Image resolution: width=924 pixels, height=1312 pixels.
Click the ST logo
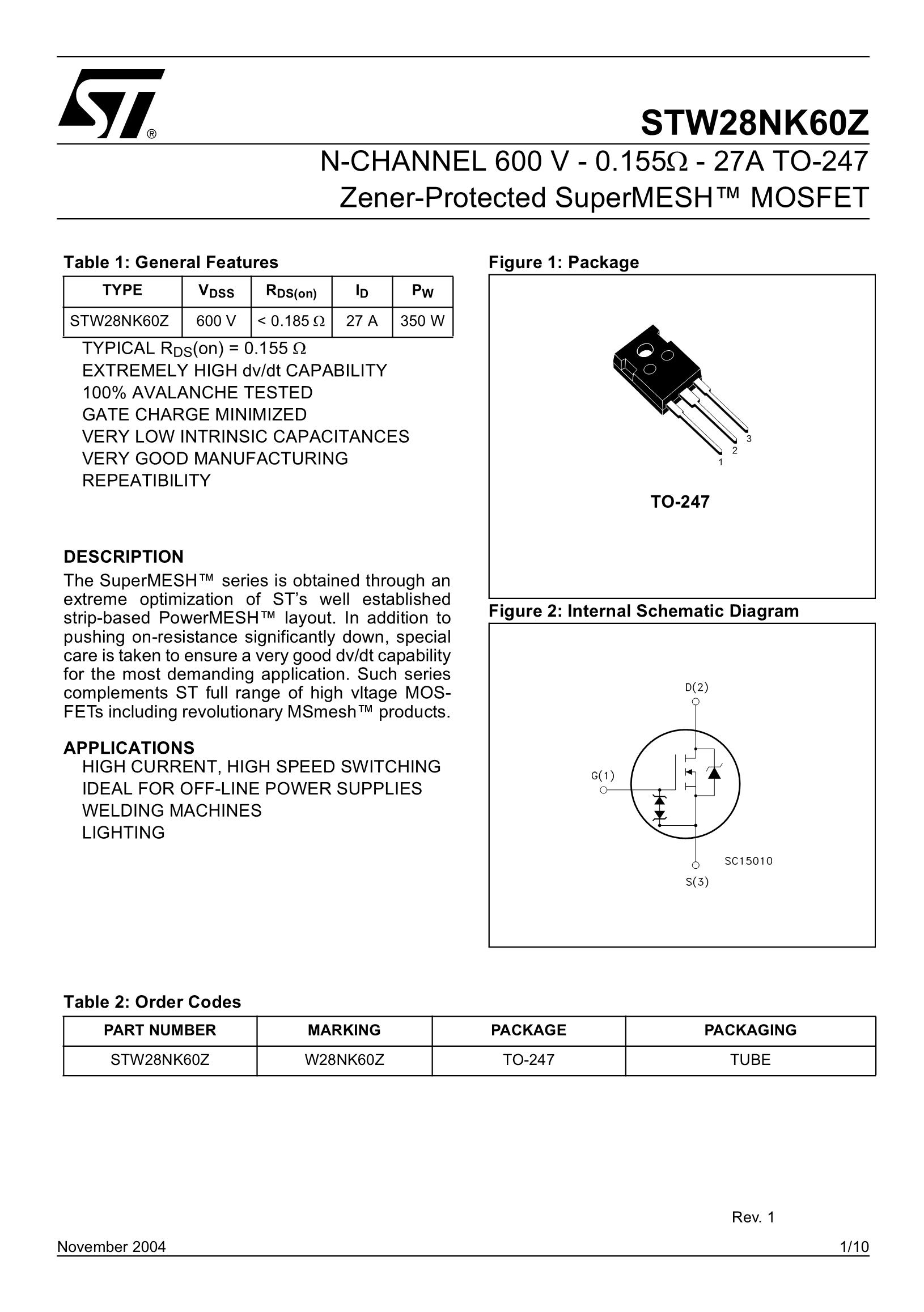[112, 104]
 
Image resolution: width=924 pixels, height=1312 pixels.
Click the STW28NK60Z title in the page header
[755, 123]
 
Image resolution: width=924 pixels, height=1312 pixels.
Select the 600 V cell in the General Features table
[216, 321]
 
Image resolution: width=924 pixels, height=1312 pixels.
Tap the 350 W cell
[422, 321]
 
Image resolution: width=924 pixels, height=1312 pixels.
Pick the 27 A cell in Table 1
[362, 321]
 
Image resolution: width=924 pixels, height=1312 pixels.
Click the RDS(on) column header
[291, 291]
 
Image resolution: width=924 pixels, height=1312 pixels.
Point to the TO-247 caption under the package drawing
[680, 502]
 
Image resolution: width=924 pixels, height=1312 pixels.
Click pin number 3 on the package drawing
[749, 439]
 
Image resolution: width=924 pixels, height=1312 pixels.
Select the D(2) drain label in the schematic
[697, 687]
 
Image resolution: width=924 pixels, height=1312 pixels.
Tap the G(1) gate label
[603, 775]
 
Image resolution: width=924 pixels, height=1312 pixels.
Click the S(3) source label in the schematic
[697, 882]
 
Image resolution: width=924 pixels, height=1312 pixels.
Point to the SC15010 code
[749, 861]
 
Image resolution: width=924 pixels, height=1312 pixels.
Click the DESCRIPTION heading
[124, 557]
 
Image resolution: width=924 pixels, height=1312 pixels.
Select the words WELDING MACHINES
[172, 810]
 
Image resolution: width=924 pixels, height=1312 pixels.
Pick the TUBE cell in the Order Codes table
[751, 1060]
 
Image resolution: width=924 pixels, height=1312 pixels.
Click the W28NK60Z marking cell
[345, 1060]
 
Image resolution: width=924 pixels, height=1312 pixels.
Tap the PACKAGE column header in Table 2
[528, 1030]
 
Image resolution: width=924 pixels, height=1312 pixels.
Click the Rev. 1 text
[753, 1217]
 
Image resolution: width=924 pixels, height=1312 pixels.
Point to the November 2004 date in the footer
[112, 1247]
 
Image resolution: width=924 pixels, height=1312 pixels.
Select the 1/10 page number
[854, 1247]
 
